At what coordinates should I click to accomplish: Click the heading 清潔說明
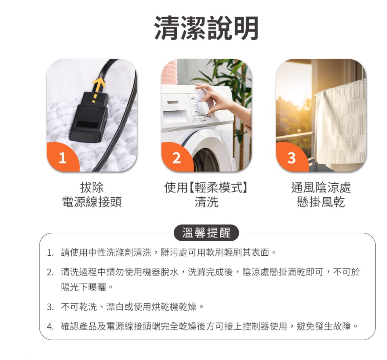(x=206, y=29)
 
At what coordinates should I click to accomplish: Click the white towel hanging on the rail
(x=341, y=125)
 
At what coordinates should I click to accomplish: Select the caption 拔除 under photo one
(x=92, y=187)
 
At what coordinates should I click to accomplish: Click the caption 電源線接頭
(x=92, y=202)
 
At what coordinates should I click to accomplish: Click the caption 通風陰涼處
(x=321, y=187)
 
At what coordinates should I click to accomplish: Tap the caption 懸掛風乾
(x=321, y=202)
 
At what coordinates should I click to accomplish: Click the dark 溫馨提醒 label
(x=206, y=233)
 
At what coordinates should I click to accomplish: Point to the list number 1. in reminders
(x=50, y=253)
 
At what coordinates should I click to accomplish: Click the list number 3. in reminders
(x=50, y=307)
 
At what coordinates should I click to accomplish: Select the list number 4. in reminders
(x=50, y=326)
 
